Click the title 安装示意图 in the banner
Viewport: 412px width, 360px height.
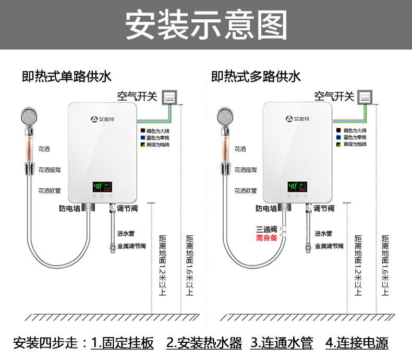(x=206, y=25)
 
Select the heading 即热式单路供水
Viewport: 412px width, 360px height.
(x=67, y=77)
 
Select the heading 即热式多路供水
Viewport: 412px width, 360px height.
(x=256, y=77)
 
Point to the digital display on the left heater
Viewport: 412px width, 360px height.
(x=102, y=186)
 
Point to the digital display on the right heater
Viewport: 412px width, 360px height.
(x=298, y=186)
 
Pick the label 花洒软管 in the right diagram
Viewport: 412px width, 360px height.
(x=246, y=190)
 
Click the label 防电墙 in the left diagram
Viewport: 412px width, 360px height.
(x=69, y=209)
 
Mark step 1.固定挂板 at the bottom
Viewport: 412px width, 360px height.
(x=123, y=343)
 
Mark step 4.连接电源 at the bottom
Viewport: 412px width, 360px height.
(x=357, y=343)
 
